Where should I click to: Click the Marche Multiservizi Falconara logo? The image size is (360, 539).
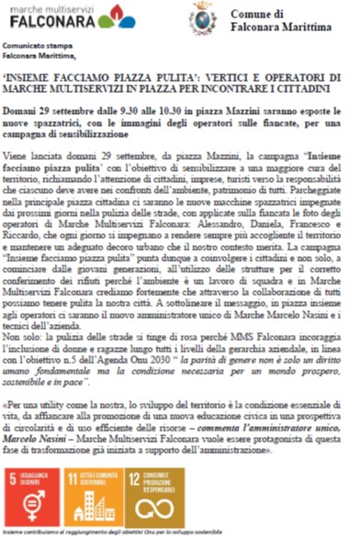pyautogui.click(x=69, y=17)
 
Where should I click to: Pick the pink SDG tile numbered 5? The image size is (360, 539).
pyautogui.click(x=33, y=492)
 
